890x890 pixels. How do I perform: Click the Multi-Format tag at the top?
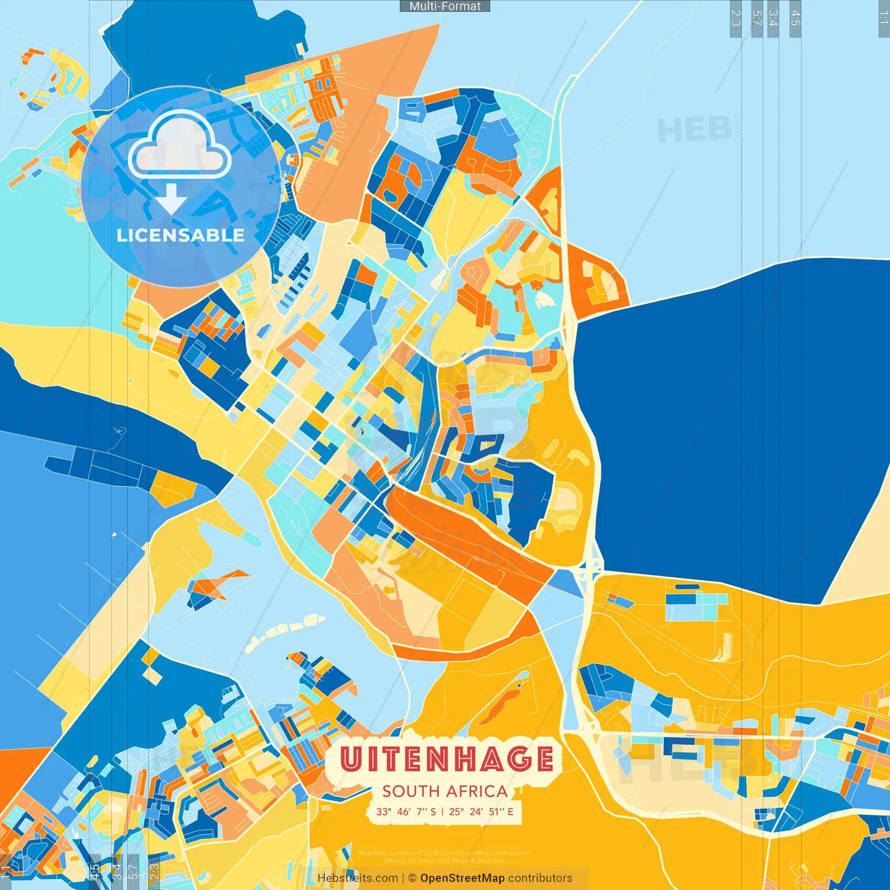[x=445, y=6]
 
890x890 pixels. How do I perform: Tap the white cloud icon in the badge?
[x=180, y=145]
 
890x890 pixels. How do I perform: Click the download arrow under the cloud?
[x=170, y=199]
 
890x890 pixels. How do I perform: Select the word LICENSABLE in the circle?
[x=180, y=235]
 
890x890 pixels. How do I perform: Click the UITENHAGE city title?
[x=446, y=759]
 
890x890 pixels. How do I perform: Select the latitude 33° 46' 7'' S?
[x=406, y=811]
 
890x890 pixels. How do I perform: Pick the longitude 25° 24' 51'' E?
[x=481, y=811]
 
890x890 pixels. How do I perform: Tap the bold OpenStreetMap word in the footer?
[x=462, y=878]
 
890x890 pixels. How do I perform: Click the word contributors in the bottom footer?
[x=540, y=878]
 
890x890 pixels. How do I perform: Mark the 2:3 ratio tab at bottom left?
[x=154, y=871]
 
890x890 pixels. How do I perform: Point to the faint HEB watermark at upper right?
[x=694, y=130]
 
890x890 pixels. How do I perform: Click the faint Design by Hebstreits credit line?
[x=444, y=860]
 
